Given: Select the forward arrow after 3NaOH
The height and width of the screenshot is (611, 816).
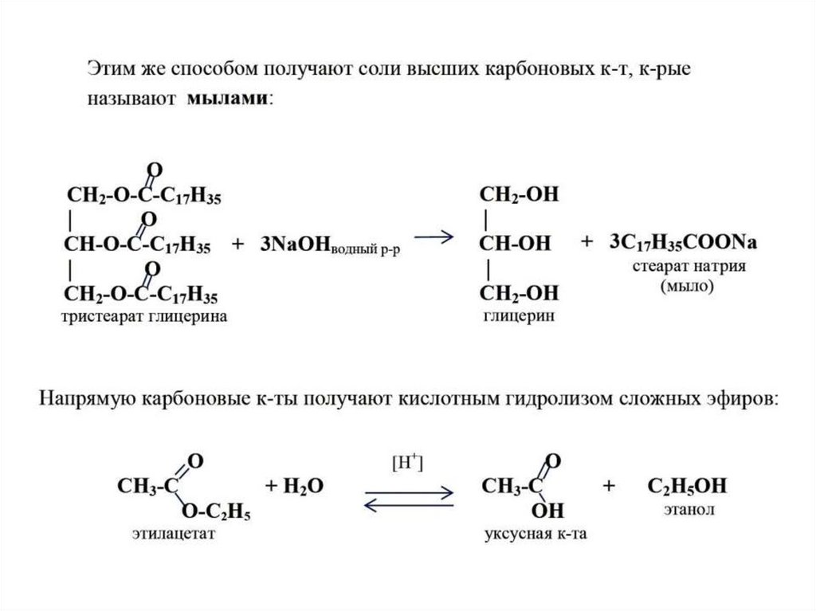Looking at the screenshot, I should coord(433,237).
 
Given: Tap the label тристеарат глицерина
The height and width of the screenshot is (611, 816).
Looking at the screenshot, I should coord(141,317).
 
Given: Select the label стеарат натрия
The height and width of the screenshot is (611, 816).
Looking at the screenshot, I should coord(688,265).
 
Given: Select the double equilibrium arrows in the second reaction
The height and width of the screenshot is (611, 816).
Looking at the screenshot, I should coord(409,498).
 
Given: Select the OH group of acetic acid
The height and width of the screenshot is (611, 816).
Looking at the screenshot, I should coord(547,509).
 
